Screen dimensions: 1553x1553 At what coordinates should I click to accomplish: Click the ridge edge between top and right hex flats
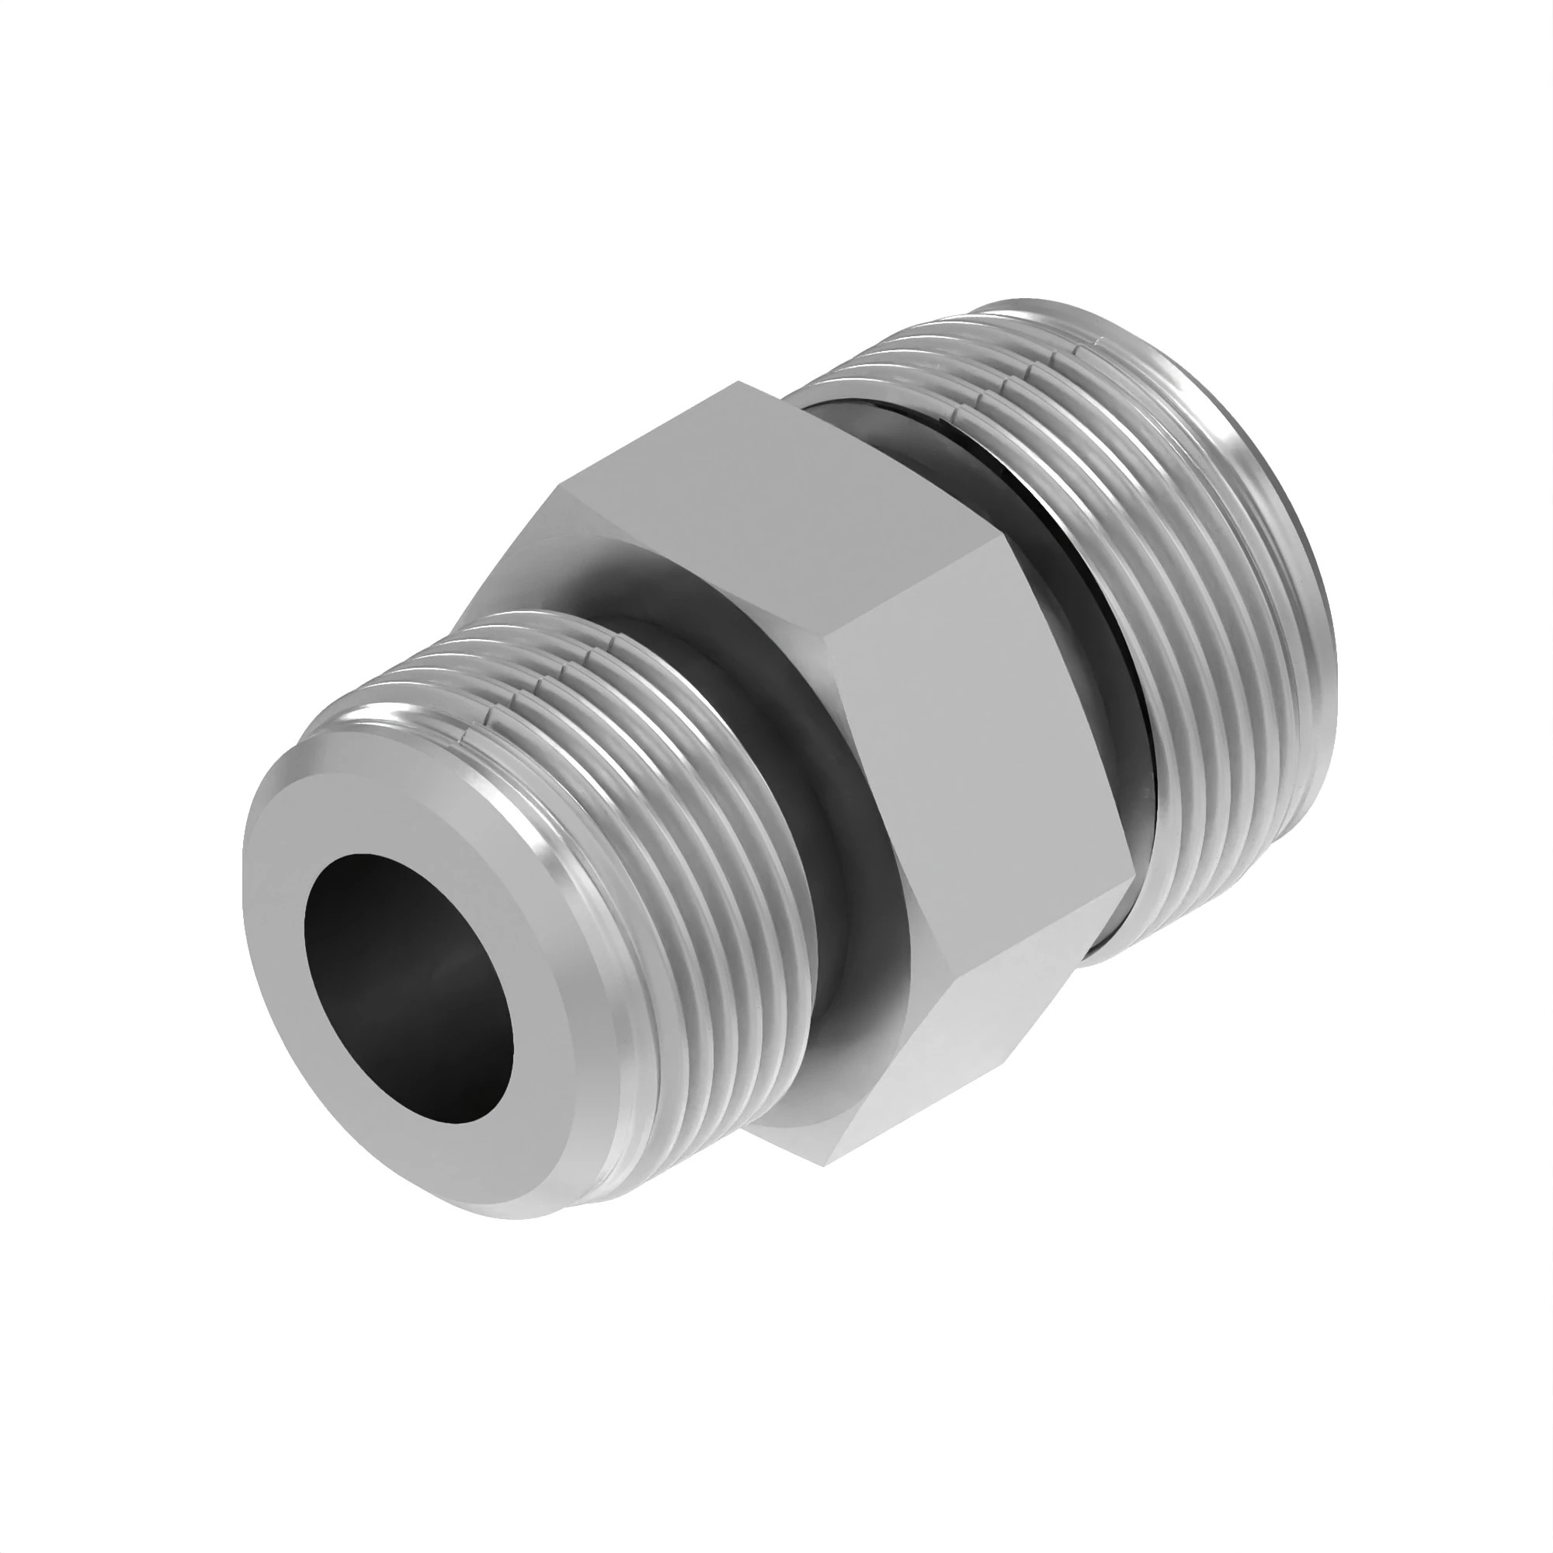916,595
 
